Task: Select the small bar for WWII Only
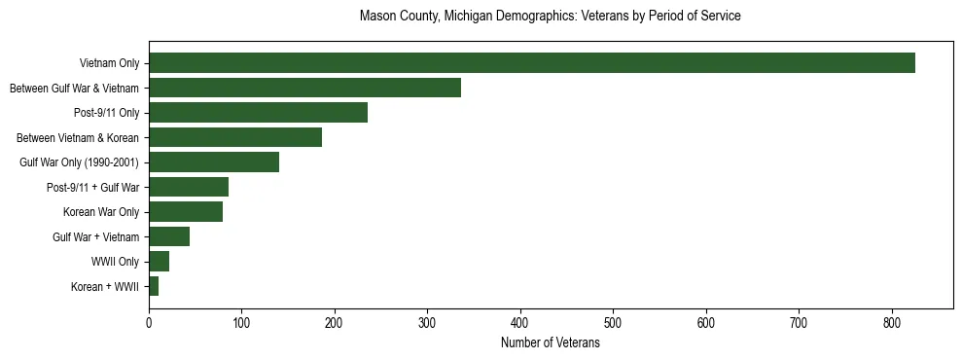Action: click(x=159, y=262)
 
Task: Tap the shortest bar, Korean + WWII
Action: click(x=154, y=286)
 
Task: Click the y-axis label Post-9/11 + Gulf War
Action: click(x=93, y=188)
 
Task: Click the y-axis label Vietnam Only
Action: click(x=109, y=64)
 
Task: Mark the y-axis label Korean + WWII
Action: click(x=105, y=287)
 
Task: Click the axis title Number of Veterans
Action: click(x=550, y=343)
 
